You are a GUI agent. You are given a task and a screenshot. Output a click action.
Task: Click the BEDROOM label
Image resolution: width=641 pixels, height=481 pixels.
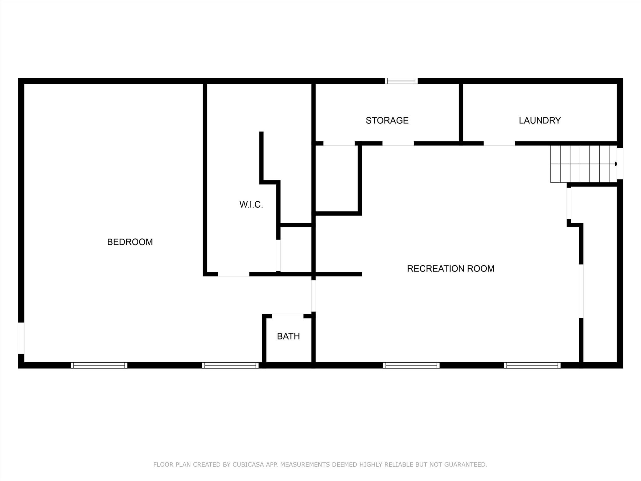pos(130,242)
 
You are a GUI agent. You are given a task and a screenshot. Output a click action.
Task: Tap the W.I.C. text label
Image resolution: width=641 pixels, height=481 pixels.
pos(251,204)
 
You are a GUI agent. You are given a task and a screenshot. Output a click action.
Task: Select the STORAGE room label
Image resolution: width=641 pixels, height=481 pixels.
pos(387,120)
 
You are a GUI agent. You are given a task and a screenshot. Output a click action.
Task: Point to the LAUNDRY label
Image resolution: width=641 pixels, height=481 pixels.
pos(540,120)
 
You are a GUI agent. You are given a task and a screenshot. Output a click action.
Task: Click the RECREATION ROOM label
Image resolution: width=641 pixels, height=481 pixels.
pos(450,268)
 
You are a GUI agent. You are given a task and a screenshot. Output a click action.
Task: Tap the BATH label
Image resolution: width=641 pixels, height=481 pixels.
pos(288,336)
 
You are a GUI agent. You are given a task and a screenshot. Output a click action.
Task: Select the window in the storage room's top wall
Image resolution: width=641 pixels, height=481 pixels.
pos(401,81)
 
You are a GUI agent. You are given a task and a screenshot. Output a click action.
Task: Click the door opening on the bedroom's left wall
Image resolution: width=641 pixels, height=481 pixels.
pos(21,338)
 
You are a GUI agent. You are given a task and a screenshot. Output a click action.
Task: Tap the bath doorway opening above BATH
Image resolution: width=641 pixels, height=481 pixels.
pos(288,316)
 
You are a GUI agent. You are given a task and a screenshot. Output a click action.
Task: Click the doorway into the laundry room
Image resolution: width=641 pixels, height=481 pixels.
pos(499,143)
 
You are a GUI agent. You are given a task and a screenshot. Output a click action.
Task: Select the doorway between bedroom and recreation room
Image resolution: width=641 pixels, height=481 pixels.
pos(313,296)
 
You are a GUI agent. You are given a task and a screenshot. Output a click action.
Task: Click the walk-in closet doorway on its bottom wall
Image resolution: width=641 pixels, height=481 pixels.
pos(233,274)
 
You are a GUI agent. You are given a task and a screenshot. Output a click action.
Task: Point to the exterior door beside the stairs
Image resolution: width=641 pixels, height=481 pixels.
pos(620,163)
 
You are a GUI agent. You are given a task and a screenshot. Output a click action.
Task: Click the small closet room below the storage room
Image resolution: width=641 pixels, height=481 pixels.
pos(337,178)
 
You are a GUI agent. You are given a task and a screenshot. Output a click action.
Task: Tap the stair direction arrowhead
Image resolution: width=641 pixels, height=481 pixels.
pos(615,164)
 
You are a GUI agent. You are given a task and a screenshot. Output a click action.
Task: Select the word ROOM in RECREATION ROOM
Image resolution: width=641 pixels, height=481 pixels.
pos(481,268)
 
